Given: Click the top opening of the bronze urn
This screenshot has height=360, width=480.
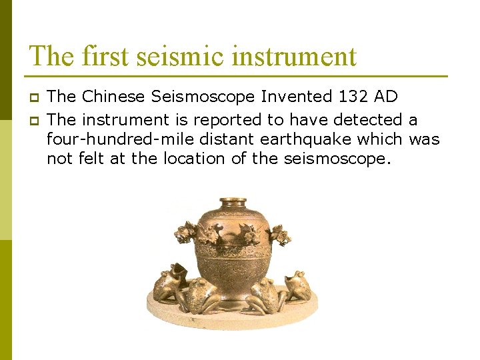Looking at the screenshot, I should [x=233, y=201].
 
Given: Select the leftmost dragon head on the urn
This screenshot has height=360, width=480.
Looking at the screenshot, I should [x=184, y=233].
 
